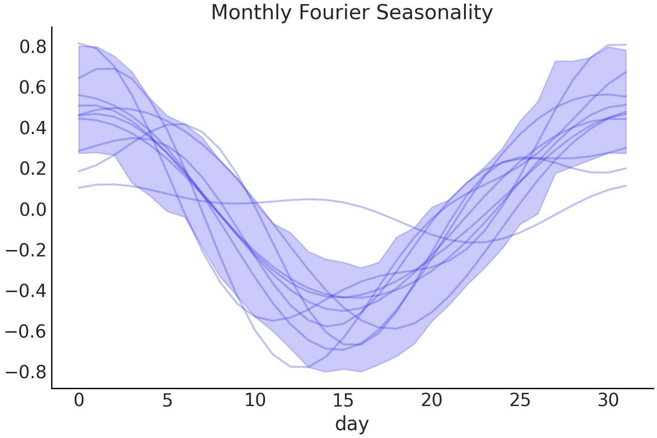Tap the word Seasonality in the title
[x=434, y=13]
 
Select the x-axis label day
[x=352, y=424]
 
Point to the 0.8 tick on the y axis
[x=33, y=47]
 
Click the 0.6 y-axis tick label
[x=33, y=88]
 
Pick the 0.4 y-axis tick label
[x=33, y=128]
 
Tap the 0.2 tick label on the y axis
[x=33, y=169]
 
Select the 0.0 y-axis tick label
[x=33, y=209]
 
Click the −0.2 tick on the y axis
[x=26, y=250]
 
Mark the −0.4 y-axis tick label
[x=26, y=291]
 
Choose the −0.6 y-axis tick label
[x=26, y=331]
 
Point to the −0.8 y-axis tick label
[x=26, y=372]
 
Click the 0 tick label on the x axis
[x=79, y=401]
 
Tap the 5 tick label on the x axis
[x=167, y=401]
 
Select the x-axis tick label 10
[x=255, y=401]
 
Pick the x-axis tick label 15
[x=344, y=401]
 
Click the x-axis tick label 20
[x=432, y=401]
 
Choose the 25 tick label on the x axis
[x=520, y=401]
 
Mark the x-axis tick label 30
[x=608, y=401]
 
